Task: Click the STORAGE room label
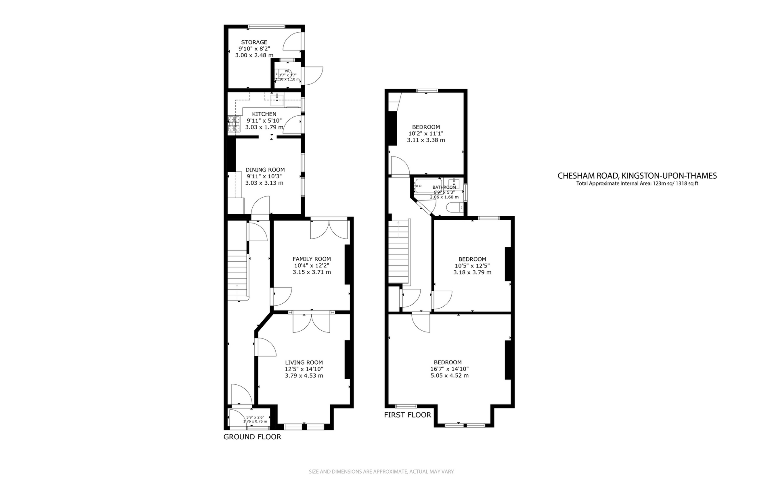tap(254, 42)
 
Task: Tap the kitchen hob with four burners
tap(234, 124)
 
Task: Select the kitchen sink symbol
tap(277, 99)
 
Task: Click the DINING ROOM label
tap(265, 170)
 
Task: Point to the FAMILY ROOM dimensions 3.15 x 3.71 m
tap(312, 272)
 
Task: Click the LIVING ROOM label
tap(304, 363)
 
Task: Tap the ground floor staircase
tap(237, 276)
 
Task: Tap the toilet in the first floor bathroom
tap(455, 208)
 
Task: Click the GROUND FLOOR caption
tap(252, 437)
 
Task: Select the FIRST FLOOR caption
tap(407, 415)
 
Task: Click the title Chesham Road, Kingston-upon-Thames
tap(637, 176)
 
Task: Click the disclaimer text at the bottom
tap(381, 471)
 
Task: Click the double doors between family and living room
tap(311, 323)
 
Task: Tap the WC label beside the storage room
tap(287, 71)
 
